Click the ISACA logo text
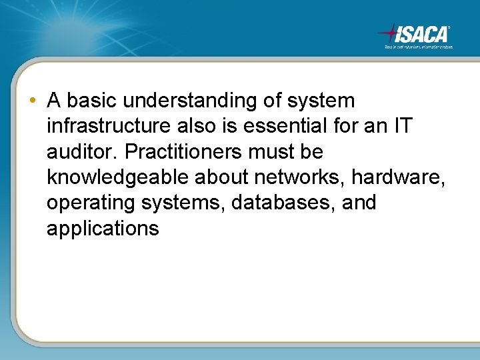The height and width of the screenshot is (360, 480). point(423,33)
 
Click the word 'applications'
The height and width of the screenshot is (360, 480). point(103,229)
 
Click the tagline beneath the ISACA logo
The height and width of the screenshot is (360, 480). point(418,47)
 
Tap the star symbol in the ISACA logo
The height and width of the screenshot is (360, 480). point(389,32)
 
